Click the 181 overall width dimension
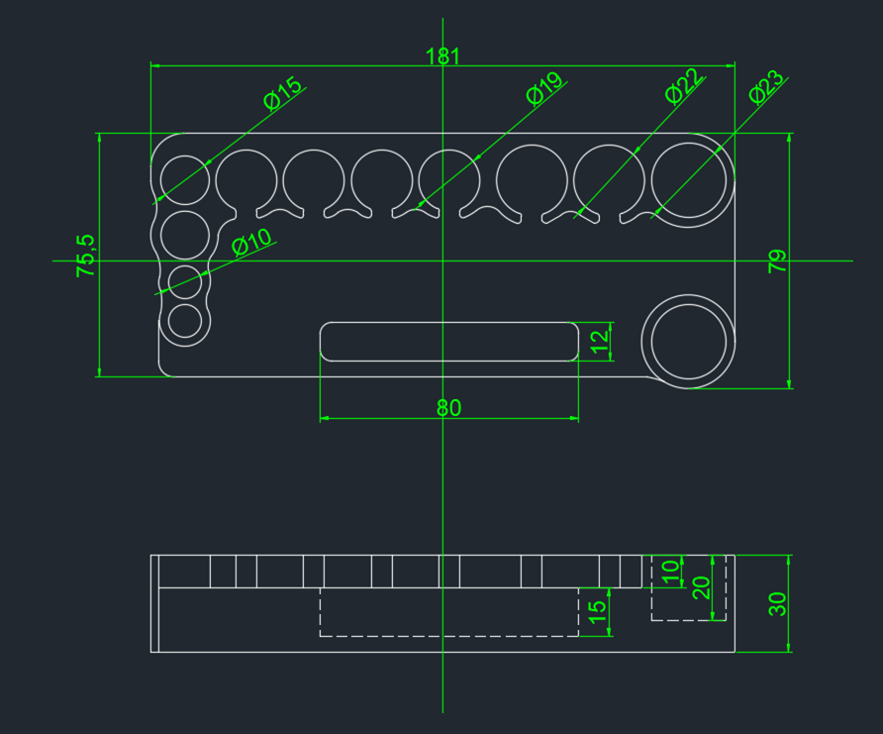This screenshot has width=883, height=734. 442,56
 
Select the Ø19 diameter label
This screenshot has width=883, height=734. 544,88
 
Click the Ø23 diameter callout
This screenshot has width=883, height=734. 766,87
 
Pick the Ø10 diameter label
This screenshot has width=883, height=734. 251,243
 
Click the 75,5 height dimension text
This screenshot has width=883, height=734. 85,256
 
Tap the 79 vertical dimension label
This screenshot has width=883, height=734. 777,261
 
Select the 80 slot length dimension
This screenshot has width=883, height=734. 448,408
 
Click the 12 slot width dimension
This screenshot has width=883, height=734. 600,342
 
